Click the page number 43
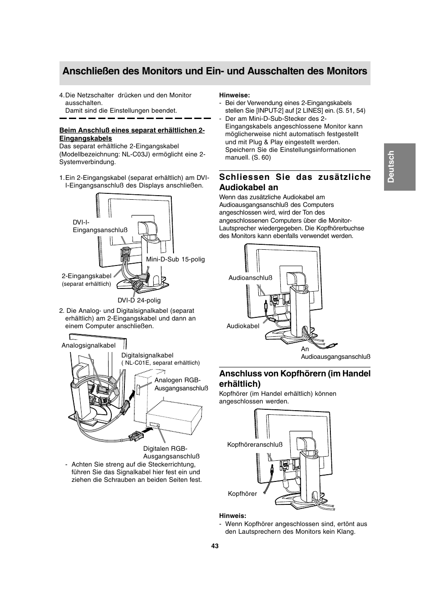pyautogui.click(x=215, y=546)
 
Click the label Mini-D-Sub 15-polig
pyautogui.click(x=175, y=259)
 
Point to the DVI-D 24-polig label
pyautogui.click(x=139, y=300)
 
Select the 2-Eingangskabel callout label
pyautogui.click(x=87, y=276)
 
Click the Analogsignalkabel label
pyautogui.click(x=88, y=345)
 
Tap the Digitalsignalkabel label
pyautogui.click(x=147, y=355)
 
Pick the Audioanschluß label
pyautogui.click(x=250, y=278)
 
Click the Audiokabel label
pyautogui.click(x=243, y=326)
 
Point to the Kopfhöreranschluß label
pyautogui.click(x=255, y=444)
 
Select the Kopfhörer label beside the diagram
pyautogui.click(x=242, y=494)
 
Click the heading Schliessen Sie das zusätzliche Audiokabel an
pyautogui.click(x=295, y=182)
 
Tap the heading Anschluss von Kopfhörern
pyautogui.click(x=295, y=378)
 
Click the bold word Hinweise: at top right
pyautogui.click(x=234, y=95)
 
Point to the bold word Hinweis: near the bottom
pyautogui.click(x=233, y=516)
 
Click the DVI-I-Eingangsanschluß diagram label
pyautogui.click(x=100, y=226)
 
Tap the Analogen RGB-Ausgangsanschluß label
pyautogui.click(x=181, y=384)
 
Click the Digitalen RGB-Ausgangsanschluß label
pyautogui.click(x=171, y=452)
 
